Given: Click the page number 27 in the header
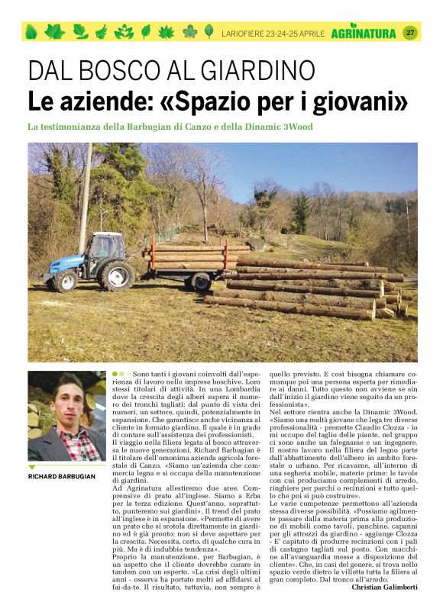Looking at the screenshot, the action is point(409,32).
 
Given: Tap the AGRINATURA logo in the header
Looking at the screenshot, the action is point(364,33).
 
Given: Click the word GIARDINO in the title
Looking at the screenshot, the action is point(249,71).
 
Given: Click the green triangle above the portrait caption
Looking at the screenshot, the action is point(32,466).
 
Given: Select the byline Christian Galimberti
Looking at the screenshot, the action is point(384,587).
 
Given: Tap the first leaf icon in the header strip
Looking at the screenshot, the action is point(31,32).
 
